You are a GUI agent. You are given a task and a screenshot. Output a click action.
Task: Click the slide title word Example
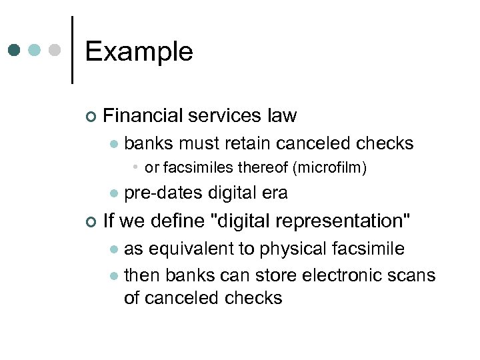(139, 51)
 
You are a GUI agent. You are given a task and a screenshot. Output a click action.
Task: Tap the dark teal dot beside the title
(14, 50)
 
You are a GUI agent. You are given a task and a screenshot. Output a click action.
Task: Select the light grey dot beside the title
(55, 50)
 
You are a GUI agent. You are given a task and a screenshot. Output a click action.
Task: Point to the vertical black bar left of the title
(71, 49)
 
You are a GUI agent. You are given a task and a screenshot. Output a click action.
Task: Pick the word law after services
(282, 115)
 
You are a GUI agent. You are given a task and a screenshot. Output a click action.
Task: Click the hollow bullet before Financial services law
(91, 117)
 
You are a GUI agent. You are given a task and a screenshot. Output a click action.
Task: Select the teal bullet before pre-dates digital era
(114, 194)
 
